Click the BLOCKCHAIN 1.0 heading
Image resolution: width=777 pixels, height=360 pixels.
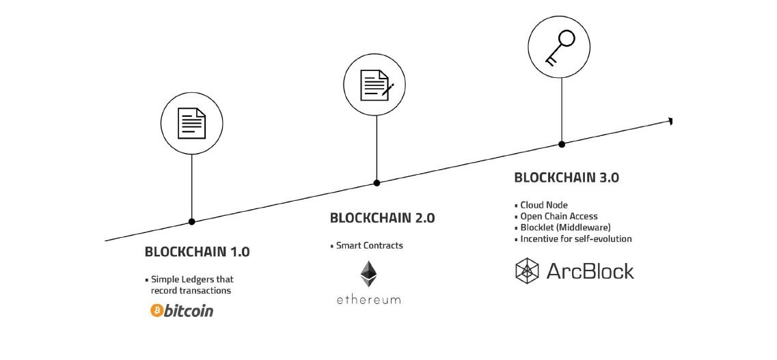pos(197,251)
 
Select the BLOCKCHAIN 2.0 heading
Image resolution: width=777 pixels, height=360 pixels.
pos(382,218)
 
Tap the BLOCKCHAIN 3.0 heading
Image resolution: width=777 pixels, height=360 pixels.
pos(566,177)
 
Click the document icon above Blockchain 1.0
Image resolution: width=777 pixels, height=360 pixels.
pos(191,124)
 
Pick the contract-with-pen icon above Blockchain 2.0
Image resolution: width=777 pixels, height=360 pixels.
pos(376,85)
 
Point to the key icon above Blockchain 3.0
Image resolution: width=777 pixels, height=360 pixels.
pos(561,46)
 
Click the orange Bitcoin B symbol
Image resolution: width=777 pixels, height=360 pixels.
pos(155,311)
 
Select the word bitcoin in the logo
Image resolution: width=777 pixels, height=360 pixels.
pos(188,311)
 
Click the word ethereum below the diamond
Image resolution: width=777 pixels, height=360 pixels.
pos(368,300)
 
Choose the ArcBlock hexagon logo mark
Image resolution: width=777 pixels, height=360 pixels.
pos(528,271)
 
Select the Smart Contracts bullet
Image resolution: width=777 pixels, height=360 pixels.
pos(369,245)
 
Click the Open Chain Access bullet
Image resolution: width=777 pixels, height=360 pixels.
pos(558,216)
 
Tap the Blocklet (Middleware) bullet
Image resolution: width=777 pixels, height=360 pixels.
pos(564,227)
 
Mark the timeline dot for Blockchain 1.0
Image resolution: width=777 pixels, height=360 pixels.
pos(191,221)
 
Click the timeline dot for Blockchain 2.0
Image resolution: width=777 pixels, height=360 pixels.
pos(377,182)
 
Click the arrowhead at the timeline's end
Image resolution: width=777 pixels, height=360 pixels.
pos(671,121)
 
